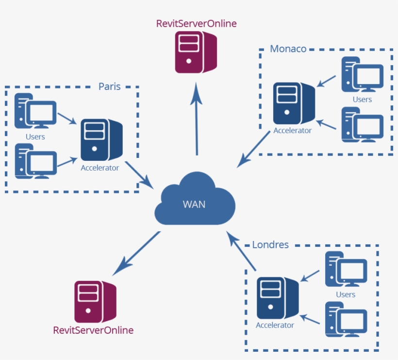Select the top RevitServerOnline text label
(196, 23)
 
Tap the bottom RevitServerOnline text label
(93, 330)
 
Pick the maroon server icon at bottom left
(95, 301)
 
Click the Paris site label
(109, 86)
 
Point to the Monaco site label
(288, 49)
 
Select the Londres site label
(270, 244)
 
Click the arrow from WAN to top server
(197, 119)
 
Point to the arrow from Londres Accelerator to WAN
(241, 251)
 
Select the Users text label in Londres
(346, 294)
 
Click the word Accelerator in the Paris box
(100, 168)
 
